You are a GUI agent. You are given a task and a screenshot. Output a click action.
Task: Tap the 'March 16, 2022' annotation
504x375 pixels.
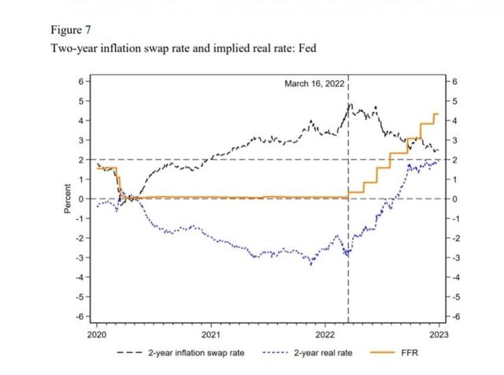tap(314, 84)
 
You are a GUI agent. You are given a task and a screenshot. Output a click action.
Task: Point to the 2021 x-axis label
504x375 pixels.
tap(210, 332)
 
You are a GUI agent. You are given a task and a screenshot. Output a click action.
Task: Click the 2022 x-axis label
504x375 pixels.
tap(325, 332)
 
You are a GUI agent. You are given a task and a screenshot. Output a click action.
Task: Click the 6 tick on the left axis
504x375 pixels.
tap(80, 81)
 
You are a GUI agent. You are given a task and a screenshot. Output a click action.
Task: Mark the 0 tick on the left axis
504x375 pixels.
tap(80, 199)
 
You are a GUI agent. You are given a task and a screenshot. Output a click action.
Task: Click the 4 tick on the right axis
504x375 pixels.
tap(452, 121)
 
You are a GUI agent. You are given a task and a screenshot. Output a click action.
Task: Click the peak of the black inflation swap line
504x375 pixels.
tap(350, 103)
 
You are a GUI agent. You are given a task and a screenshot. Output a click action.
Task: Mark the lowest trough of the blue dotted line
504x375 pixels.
tap(311, 265)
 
